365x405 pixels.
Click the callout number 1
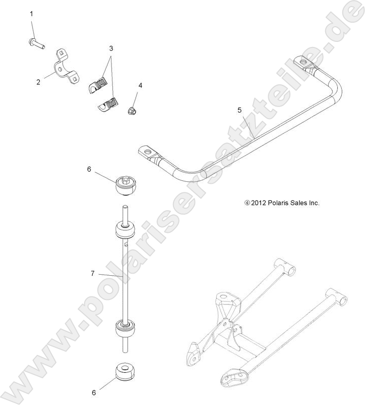[x=32, y=14]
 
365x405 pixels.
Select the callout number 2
[x=38, y=81]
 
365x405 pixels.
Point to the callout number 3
[x=110, y=48]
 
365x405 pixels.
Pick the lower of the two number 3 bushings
[x=106, y=105]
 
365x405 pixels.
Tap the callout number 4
[x=140, y=85]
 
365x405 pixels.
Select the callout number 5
[x=240, y=109]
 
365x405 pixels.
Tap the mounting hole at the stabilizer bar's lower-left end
[x=148, y=150]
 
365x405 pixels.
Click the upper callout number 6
[x=89, y=170]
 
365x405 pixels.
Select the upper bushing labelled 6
[x=126, y=185]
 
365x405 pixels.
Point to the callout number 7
[x=92, y=273]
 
